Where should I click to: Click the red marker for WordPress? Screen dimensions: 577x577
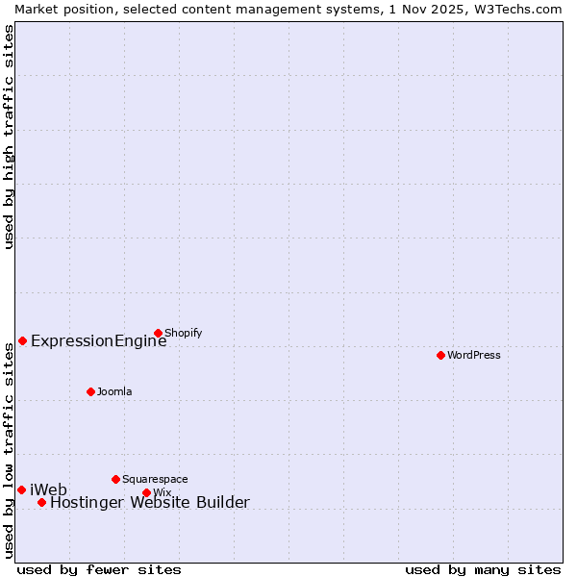pos(440,355)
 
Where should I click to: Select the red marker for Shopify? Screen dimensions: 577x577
pos(158,334)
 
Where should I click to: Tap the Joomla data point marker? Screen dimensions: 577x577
pos(90,391)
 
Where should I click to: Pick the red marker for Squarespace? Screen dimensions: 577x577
pos(115,479)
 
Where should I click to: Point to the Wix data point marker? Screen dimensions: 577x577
pos(146,492)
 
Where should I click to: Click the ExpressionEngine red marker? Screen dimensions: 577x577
pos(22,340)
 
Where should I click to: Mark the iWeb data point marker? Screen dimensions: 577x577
pos(21,489)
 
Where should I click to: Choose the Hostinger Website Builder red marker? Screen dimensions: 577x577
pos(41,502)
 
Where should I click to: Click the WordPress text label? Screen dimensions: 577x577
pos(474,355)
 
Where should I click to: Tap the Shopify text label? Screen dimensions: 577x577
pos(183,334)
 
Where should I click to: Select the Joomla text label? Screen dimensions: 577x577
pos(114,391)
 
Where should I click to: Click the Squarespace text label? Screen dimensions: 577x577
pos(155,479)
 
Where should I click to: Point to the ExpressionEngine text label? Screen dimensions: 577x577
pos(98,340)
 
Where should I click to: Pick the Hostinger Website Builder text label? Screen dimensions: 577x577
pos(149,502)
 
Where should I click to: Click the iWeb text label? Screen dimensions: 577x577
pos(48,490)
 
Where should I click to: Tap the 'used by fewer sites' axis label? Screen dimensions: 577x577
pos(99,569)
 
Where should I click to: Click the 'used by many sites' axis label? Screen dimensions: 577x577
pos(483,569)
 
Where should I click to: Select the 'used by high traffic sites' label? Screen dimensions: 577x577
pos(9,137)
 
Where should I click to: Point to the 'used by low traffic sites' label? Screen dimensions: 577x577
pos(9,451)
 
